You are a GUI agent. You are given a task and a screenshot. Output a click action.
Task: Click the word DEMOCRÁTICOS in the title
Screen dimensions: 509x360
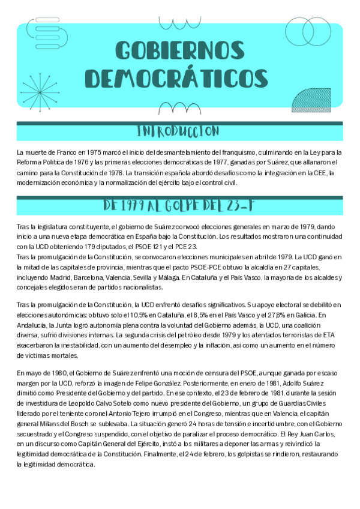[180, 77]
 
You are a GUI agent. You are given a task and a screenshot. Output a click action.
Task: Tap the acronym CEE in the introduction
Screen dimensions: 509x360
[317, 172]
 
